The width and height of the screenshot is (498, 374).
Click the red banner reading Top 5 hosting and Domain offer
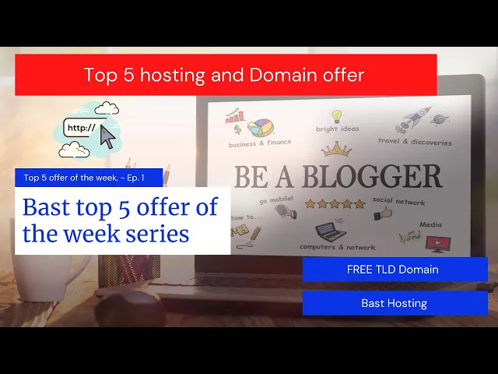(x=226, y=75)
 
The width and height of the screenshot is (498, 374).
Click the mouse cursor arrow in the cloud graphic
(x=107, y=137)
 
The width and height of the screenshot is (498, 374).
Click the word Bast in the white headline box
(x=47, y=207)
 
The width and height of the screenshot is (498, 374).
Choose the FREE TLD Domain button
(x=395, y=270)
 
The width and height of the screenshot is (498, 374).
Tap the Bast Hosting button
(x=395, y=303)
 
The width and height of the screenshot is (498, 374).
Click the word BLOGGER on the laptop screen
(x=372, y=176)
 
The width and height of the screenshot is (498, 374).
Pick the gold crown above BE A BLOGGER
(x=336, y=149)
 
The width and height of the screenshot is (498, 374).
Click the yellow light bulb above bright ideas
(x=336, y=115)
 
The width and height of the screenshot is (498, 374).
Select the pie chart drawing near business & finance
(x=261, y=128)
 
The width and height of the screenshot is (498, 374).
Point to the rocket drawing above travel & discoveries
(x=413, y=119)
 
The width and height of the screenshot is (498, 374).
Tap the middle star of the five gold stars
(x=335, y=203)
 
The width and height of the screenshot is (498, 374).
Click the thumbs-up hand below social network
(x=383, y=213)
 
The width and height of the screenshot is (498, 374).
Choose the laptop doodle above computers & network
(x=330, y=231)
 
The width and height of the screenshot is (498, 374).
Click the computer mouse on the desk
(x=130, y=307)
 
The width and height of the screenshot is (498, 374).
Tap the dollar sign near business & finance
(x=237, y=130)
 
